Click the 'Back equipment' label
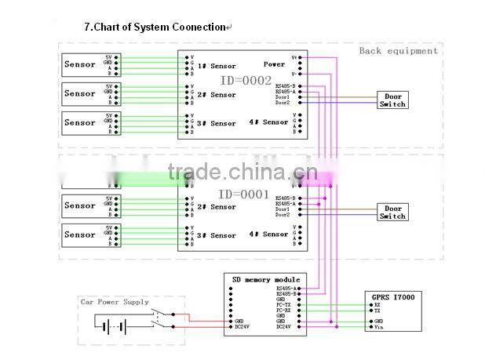[398, 51]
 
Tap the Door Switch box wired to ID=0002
[393, 100]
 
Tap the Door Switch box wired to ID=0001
[393, 213]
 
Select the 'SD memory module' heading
[265, 279]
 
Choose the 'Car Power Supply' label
[115, 302]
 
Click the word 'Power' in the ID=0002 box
[275, 64]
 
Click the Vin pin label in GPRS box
[378, 327]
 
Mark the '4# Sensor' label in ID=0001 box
[268, 235]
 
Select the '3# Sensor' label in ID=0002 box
[217, 123]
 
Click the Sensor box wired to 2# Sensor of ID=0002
[80, 94]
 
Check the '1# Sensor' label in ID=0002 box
[217, 66]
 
